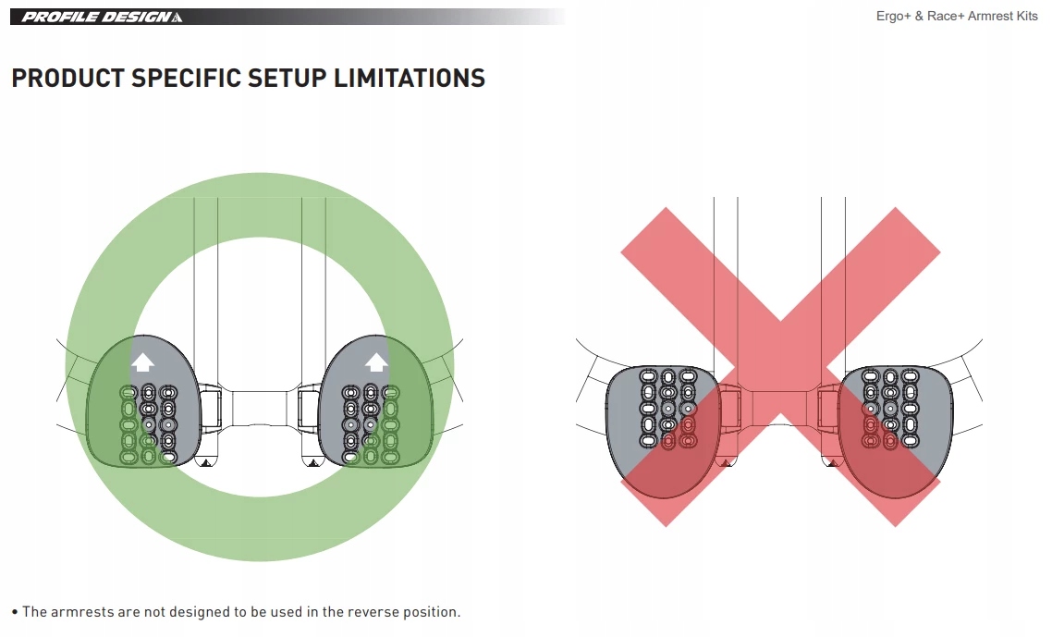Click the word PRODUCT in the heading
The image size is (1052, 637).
point(67,79)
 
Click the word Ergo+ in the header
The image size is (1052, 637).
point(894,18)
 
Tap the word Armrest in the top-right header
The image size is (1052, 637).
point(985,18)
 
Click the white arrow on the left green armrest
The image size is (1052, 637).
point(142,361)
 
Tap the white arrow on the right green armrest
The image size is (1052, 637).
point(376,361)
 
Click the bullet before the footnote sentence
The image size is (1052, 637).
point(15,612)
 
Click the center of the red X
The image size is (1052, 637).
point(780,366)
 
